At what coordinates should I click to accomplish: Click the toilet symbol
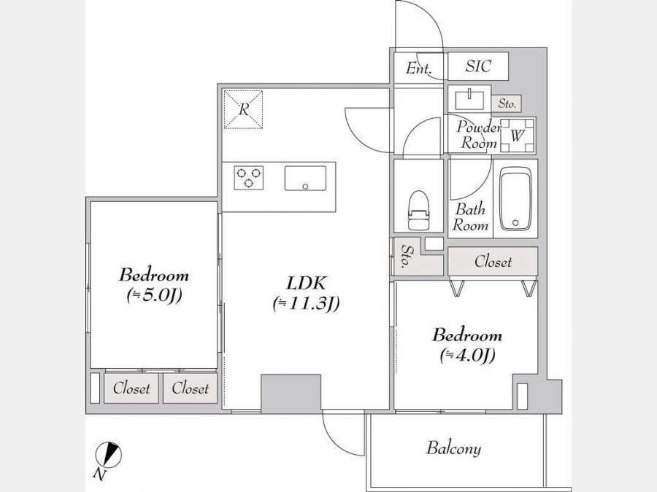tap(419, 210)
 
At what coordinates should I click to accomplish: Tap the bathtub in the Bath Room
tap(515, 198)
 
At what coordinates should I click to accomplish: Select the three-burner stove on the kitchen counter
tap(249, 178)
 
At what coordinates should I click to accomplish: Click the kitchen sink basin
tap(305, 179)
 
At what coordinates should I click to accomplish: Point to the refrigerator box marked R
tap(243, 109)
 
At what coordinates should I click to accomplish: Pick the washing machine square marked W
tap(518, 136)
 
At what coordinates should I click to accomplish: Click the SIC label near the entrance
tap(478, 66)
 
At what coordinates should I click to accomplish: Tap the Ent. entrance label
tap(418, 69)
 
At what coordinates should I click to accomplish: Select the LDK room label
tap(306, 284)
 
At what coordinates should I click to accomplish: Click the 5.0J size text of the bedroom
tap(154, 296)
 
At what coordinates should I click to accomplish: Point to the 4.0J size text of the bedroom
tap(468, 355)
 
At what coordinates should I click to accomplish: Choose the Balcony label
tap(453, 448)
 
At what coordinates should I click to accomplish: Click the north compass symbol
tap(109, 454)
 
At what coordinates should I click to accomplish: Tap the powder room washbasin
tap(469, 100)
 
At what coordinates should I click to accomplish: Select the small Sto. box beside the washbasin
tap(507, 104)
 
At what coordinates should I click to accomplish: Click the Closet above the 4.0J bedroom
tap(493, 262)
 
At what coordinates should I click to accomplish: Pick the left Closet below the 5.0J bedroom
tap(131, 388)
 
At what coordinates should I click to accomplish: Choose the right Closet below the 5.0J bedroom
tap(191, 388)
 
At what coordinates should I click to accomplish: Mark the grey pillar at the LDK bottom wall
tap(291, 392)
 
